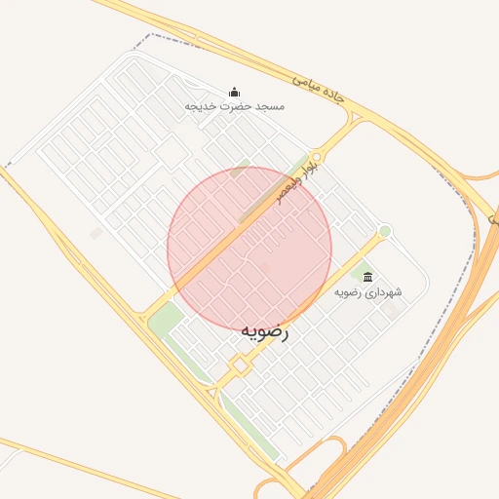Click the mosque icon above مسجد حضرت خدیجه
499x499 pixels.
[234, 92]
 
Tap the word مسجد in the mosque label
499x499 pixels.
[267, 105]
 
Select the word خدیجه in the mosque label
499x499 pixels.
[199, 105]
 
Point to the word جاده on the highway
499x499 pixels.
[333, 96]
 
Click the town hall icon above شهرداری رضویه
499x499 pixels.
[367, 277]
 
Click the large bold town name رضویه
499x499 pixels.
[265, 331]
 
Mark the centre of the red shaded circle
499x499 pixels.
[249, 249]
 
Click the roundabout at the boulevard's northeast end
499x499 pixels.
[317, 156]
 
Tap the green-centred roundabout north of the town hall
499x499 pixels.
[385, 231]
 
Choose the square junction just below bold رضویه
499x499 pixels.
[239, 365]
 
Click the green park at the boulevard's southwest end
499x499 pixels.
[166, 319]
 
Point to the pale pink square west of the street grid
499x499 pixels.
[96, 234]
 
